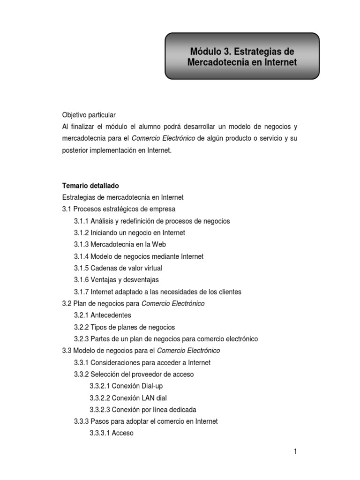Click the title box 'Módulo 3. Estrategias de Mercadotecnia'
pyautogui.click(x=242, y=56)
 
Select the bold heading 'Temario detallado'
pyautogui.click(x=90, y=186)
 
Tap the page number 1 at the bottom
pyautogui.click(x=295, y=451)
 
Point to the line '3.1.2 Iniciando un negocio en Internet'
pyautogui.click(x=129, y=232)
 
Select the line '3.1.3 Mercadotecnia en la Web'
pyautogui.click(x=120, y=244)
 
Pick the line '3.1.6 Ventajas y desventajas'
pyautogui.click(x=116, y=280)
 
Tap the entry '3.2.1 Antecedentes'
pyautogui.click(x=103, y=315)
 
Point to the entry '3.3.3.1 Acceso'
pyautogui.click(x=112, y=433)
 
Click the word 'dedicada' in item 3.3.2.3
pyautogui.click(x=182, y=410)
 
